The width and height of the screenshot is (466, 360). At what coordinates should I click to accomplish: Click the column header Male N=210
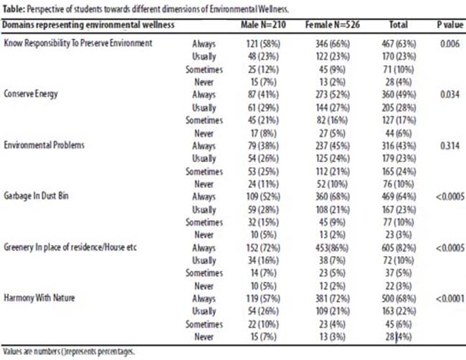tap(263, 24)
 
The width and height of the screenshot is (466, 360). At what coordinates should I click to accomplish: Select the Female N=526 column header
tap(333, 24)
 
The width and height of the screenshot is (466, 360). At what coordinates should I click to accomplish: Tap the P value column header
tap(450, 24)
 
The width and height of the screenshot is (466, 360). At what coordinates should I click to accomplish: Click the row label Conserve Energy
tap(31, 94)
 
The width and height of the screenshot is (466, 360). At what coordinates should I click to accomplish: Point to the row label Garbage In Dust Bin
tap(36, 196)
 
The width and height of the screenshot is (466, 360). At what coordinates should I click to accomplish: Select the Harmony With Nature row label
tap(39, 298)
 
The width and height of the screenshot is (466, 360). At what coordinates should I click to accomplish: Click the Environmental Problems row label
tap(44, 145)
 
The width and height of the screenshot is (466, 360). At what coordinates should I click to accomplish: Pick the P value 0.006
tap(450, 44)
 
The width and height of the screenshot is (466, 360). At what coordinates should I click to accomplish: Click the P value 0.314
tap(450, 146)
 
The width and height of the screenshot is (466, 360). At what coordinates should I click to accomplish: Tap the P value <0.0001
tap(450, 298)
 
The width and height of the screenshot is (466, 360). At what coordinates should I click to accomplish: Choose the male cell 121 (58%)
tap(263, 44)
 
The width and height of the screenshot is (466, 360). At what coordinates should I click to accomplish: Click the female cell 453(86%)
tap(332, 247)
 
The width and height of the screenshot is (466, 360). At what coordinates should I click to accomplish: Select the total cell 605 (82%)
tap(399, 247)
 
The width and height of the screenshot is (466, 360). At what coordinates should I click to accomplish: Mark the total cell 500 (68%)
tap(399, 298)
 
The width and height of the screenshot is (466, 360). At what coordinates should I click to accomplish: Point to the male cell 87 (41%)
tap(263, 95)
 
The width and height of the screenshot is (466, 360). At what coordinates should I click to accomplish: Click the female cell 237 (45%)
tap(333, 146)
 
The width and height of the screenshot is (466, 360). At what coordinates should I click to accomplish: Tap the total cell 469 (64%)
tap(399, 196)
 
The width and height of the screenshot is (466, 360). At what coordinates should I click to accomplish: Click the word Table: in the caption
tap(14, 9)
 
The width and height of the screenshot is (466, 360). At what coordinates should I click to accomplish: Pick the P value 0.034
tap(450, 95)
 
